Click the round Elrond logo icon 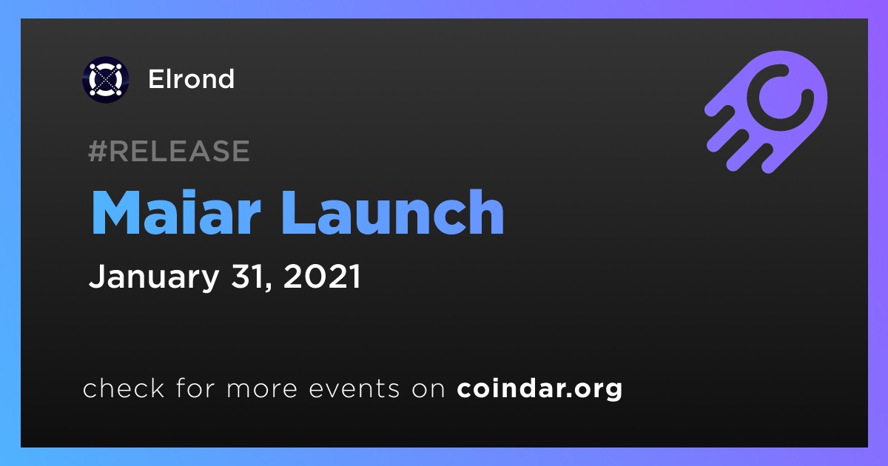[105, 79]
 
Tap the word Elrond [191, 79]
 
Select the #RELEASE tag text [169, 151]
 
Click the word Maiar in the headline [175, 213]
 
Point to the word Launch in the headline [393, 213]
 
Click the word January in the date [154, 277]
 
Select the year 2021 [321, 276]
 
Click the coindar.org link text [539, 389]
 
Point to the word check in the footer [124, 388]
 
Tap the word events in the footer [354, 389]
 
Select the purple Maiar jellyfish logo [766, 112]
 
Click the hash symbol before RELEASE [97, 152]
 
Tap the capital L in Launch [298, 213]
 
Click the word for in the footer [195, 388]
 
